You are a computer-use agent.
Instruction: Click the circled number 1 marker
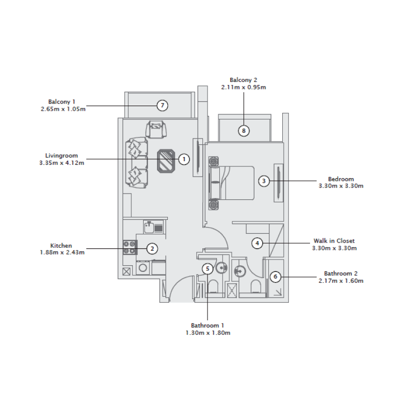183,160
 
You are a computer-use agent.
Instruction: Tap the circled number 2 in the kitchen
152,249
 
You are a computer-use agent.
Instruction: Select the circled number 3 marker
264,181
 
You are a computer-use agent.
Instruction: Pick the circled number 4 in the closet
257,243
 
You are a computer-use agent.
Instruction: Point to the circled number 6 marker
276,277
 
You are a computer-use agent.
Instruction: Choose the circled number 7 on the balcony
162,106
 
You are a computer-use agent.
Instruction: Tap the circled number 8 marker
244,131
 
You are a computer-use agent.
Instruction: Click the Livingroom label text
62,155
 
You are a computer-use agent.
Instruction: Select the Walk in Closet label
334,241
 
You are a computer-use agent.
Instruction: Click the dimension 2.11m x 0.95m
244,88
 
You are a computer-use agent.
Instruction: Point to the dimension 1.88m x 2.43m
62,252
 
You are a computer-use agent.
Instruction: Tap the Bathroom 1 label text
208,325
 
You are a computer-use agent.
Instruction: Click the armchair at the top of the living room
156,129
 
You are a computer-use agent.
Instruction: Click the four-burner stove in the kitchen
129,248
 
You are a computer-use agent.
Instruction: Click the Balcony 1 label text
62,102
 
